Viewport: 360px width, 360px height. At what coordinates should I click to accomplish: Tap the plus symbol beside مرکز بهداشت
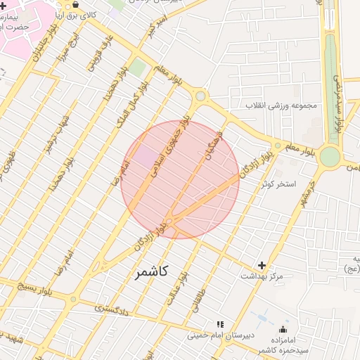[x=262, y=265]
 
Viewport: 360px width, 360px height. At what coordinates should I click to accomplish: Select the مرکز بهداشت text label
[x=262, y=276]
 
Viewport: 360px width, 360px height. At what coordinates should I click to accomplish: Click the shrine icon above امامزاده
[x=283, y=328]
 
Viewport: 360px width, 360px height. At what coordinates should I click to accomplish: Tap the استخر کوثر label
[x=279, y=184]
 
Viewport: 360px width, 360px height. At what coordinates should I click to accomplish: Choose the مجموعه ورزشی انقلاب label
[x=282, y=106]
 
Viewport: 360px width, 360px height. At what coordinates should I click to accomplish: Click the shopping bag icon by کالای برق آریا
[x=75, y=4]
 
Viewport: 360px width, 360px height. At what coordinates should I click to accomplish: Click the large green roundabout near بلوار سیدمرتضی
[x=329, y=156]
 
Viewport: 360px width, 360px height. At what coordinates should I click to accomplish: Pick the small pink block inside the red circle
[x=148, y=156]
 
